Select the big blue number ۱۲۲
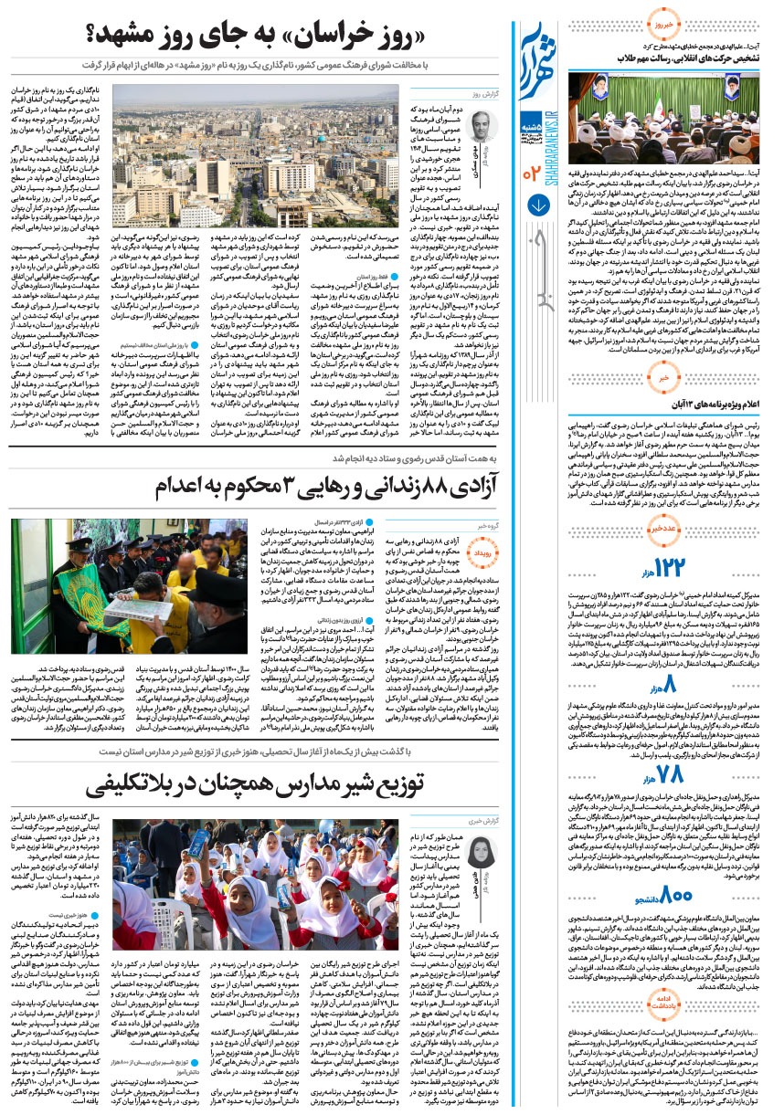670,566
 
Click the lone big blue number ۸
672,682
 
